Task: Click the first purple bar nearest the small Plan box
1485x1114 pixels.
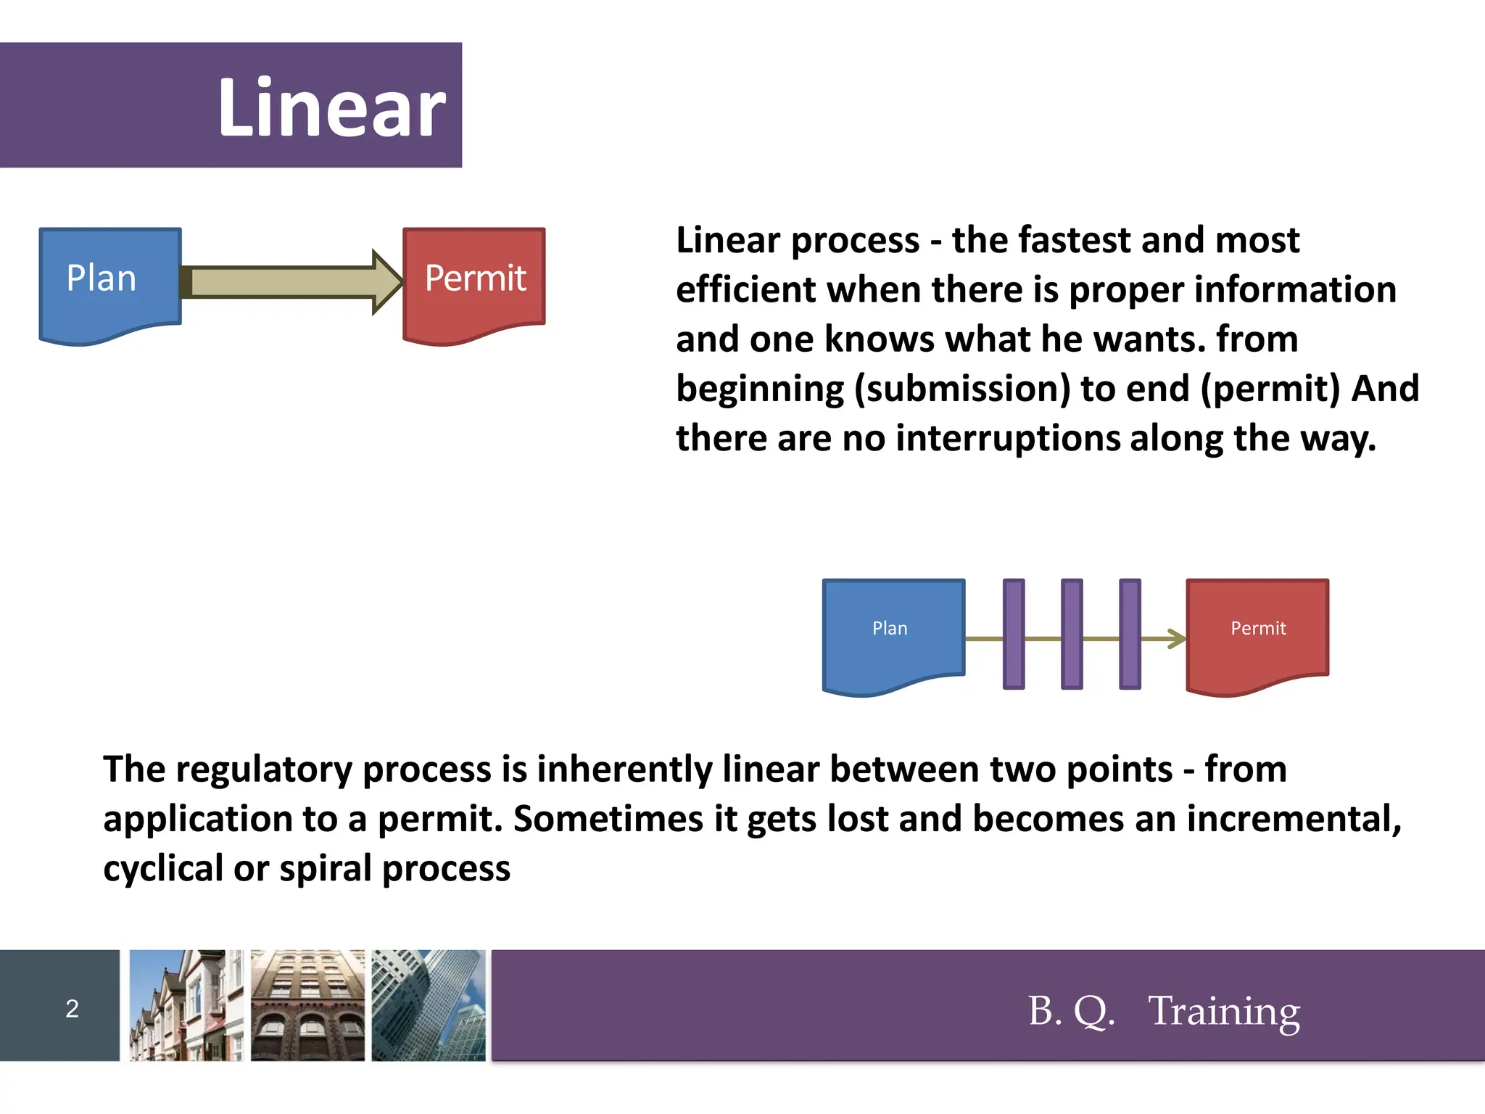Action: [1014, 634]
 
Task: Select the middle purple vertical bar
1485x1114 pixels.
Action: [1072, 634]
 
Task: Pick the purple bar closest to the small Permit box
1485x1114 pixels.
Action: [1130, 634]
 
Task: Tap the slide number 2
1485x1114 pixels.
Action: [72, 1009]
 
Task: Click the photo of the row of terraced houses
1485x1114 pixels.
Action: [186, 1005]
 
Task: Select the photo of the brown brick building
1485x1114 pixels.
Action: [307, 1005]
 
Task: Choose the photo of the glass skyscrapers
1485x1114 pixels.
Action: [429, 1005]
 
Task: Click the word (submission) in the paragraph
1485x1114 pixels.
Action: [961, 389]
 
